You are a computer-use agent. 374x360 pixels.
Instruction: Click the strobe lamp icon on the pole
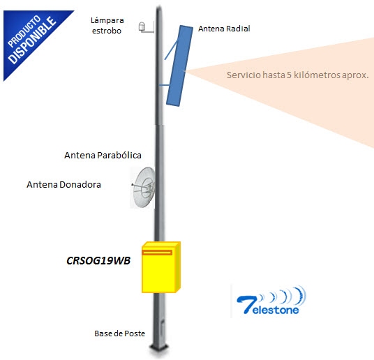click(x=142, y=27)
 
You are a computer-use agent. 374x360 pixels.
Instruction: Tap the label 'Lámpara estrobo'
click(x=107, y=26)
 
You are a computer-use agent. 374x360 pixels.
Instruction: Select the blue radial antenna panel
click(x=179, y=66)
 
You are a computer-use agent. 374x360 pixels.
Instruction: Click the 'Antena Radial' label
click(x=224, y=29)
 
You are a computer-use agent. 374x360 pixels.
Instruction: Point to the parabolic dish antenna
click(x=143, y=187)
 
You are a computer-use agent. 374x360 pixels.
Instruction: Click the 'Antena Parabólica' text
click(x=103, y=156)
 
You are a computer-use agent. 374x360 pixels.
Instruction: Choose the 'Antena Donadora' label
click(x=63, y=185)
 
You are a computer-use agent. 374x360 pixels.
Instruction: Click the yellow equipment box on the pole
click(x=161, y=267)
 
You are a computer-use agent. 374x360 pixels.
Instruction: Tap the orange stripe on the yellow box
click(x=157, y=253)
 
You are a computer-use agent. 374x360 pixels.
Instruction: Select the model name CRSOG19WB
click(x=98, y=260)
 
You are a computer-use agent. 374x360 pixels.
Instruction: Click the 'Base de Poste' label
click(x=119, y=333)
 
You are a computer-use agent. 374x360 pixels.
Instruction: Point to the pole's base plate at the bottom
click(x=159, y=348)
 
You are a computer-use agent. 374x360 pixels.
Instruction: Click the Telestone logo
click(x=271, y=301)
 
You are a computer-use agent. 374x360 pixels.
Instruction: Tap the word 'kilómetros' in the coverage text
click(x=317, y=75)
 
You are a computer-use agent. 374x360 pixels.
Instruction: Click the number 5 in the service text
click(x=289, y=75)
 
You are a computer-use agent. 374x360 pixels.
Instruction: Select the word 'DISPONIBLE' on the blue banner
click(x=32, y=40)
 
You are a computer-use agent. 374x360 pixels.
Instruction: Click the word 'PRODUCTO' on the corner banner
click(x=24, y=31)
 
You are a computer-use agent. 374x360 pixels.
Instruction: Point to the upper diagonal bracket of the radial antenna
click(x=171, y=50)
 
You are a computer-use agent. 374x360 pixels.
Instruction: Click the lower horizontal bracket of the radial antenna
click(x=164, y=85)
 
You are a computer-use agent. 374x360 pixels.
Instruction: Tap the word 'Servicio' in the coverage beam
click(x=244, y=75)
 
